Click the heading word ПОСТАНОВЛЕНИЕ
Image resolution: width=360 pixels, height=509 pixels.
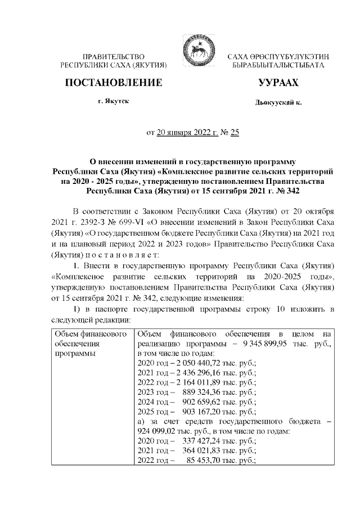(x=114, y=83)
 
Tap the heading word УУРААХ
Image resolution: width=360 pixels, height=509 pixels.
(x=278, y=83)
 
